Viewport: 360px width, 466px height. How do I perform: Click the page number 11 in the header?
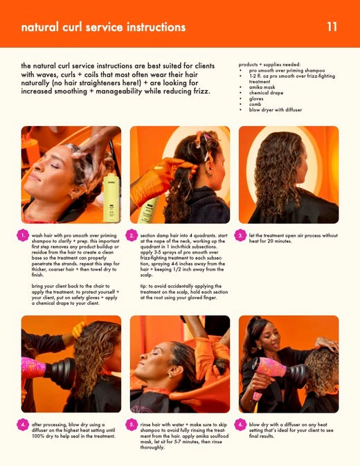332,27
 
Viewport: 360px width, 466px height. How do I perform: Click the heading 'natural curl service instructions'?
103,27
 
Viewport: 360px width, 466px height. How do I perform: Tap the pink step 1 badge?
23,235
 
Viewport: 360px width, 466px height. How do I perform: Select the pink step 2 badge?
132,235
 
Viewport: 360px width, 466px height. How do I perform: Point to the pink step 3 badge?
240,235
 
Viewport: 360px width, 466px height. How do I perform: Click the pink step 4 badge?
23,424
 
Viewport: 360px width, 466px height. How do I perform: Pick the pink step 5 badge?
132,424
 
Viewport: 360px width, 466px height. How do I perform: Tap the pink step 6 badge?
240,424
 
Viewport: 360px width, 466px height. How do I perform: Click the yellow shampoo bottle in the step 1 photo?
111,198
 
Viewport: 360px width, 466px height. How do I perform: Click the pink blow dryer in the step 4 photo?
33,368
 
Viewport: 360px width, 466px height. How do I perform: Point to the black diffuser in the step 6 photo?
299,376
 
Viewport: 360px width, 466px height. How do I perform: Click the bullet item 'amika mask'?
262,87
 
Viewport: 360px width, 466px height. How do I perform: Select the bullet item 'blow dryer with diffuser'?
276,109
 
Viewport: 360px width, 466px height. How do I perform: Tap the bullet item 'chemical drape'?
266,93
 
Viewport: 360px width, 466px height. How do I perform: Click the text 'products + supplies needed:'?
269,64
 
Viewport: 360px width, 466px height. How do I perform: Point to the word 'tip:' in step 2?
144,286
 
